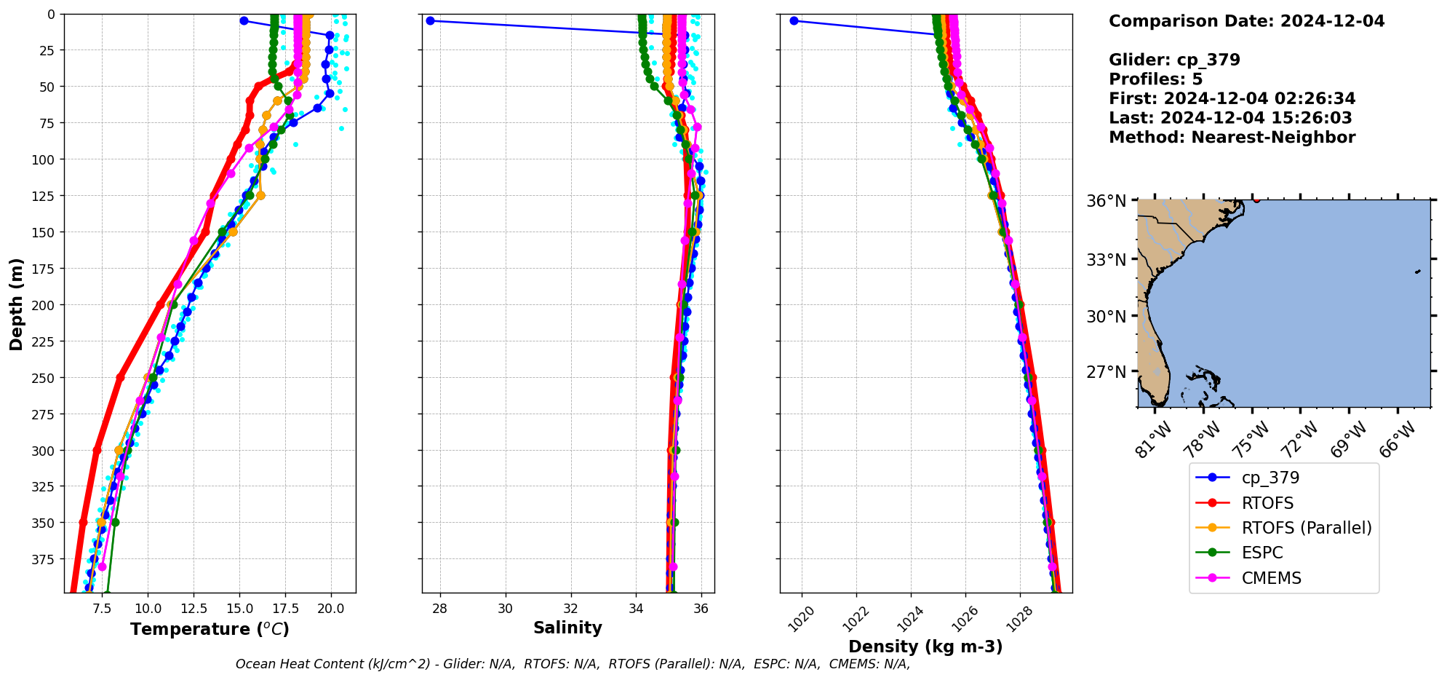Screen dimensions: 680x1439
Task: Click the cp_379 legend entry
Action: [1269, 478]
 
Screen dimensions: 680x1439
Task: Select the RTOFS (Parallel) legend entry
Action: [1306, 528]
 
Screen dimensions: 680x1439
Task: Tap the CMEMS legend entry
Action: [1271, 578]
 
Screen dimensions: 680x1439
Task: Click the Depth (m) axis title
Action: [16, 304]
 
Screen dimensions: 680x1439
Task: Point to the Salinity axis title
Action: [567, 628]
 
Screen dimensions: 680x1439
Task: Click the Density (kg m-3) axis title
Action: [925, 647]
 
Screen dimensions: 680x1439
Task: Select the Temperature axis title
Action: [210, 629]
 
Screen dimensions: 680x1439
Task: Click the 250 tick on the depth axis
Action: [45, 378]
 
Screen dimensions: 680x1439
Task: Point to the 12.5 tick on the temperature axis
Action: [194, 608]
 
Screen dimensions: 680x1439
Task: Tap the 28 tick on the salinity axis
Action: [439, 608]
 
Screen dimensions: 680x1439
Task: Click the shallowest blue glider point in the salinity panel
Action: [430, 20]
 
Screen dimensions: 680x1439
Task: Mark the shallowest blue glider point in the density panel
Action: [794, 20]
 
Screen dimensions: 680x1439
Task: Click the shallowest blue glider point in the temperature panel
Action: [244, 20]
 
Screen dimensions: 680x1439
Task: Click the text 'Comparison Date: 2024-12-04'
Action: [1246, 21]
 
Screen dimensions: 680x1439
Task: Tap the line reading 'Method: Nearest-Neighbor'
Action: [1232, 138]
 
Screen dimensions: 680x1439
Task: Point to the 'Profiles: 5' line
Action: [1155, 79]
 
